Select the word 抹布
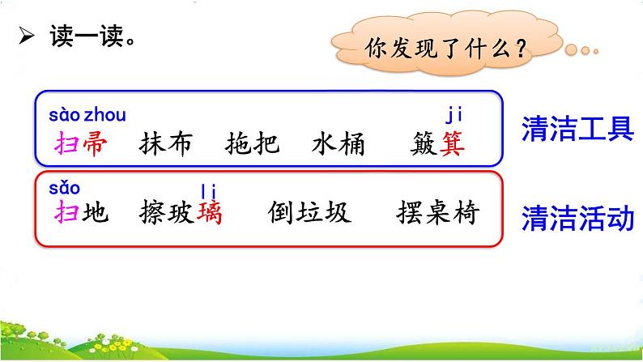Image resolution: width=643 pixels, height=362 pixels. pyautogui.click(x=166, y=143)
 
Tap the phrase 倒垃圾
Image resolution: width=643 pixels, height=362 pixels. pyautogui.click(x=309, y=212)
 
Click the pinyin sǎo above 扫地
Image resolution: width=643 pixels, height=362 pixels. pyautogui.click(x=64, y=188)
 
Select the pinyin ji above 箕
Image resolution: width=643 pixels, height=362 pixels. pyautogui.click(x=455, y=116)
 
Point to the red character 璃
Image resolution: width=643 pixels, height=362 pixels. pyautogui.click(x=209, y=212)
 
